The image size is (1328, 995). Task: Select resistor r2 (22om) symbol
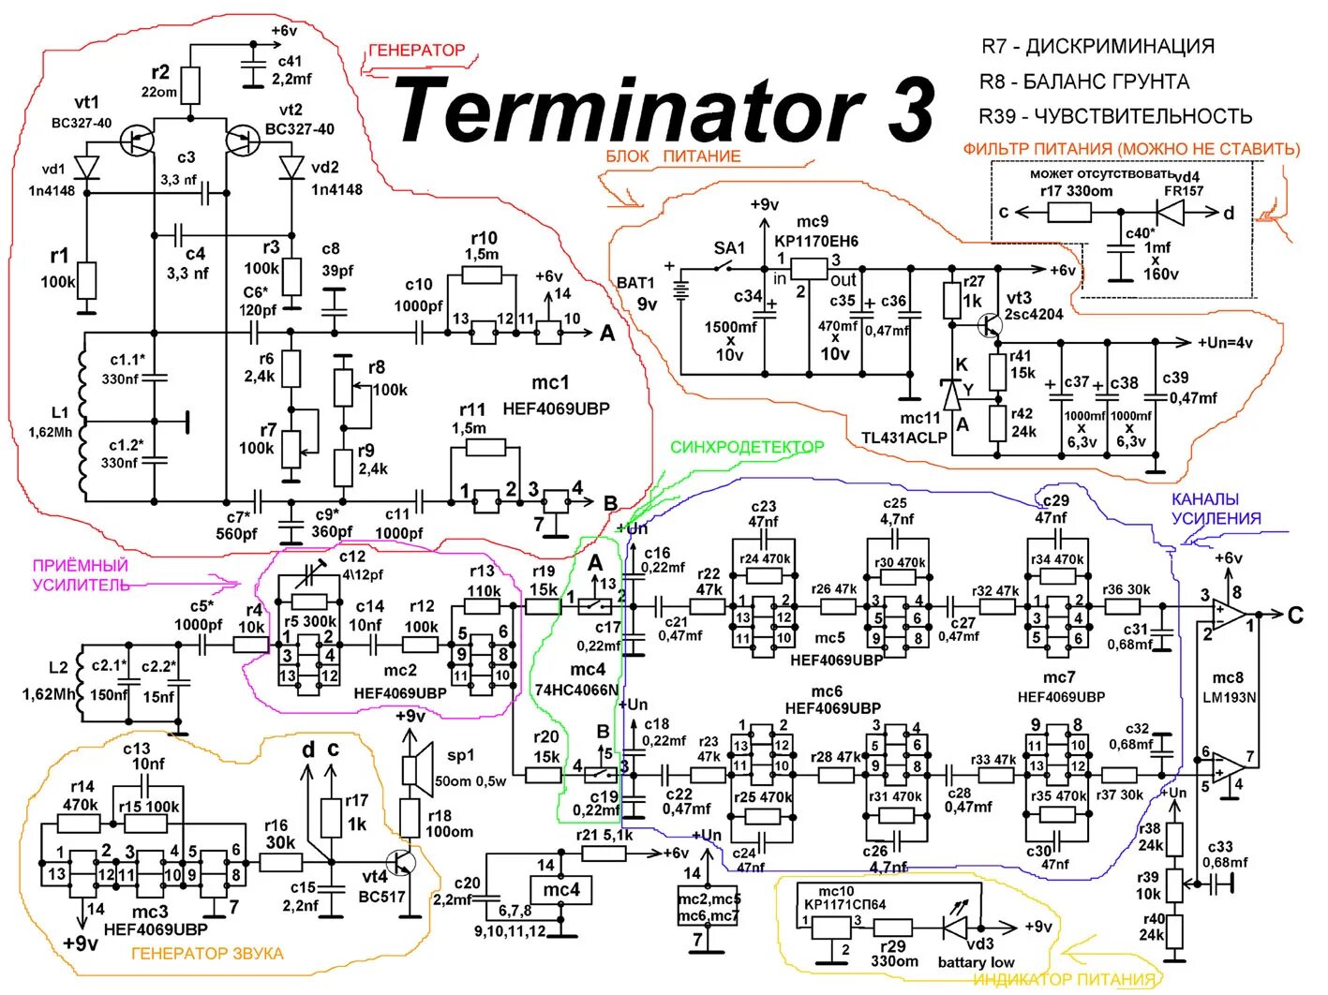pyautogui.click(x=190, y=85)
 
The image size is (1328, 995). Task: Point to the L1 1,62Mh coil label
pyautogui.click(x=60, y=423)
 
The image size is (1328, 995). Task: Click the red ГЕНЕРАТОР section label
pyautogui.click(x=416, y=51)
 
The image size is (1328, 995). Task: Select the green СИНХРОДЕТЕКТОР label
pyautogui.click(x=747, y=447)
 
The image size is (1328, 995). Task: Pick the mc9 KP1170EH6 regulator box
pyautogui.click(x=811, y=268)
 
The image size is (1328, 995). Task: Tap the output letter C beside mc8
pyautogui.click(x=1294, y=615)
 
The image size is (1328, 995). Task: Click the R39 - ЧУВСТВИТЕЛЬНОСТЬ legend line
pyautogui.click(x=1115, y=116)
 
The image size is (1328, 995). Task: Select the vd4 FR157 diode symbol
pyautogui.click(x=1171, y=213)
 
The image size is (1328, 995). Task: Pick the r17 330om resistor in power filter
pyautogui.click(x=1068, y=213)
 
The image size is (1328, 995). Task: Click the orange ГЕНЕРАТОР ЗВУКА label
pyautogui.click(x=207, y=954)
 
